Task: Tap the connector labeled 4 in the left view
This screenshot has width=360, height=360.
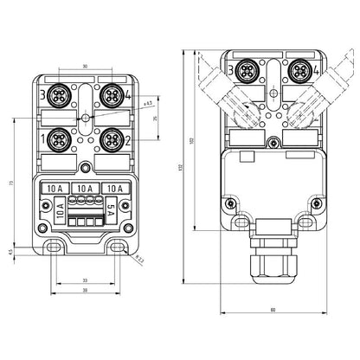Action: click(x=111, y=93)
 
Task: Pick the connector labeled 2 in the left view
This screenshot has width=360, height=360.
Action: click(x=111, y=137)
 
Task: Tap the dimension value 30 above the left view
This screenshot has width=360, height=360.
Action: click(x=86, y=66)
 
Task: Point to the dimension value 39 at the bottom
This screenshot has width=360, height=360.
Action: click(x=86, y=291)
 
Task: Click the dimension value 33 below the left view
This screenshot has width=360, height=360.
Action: click(x=86, y=280)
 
